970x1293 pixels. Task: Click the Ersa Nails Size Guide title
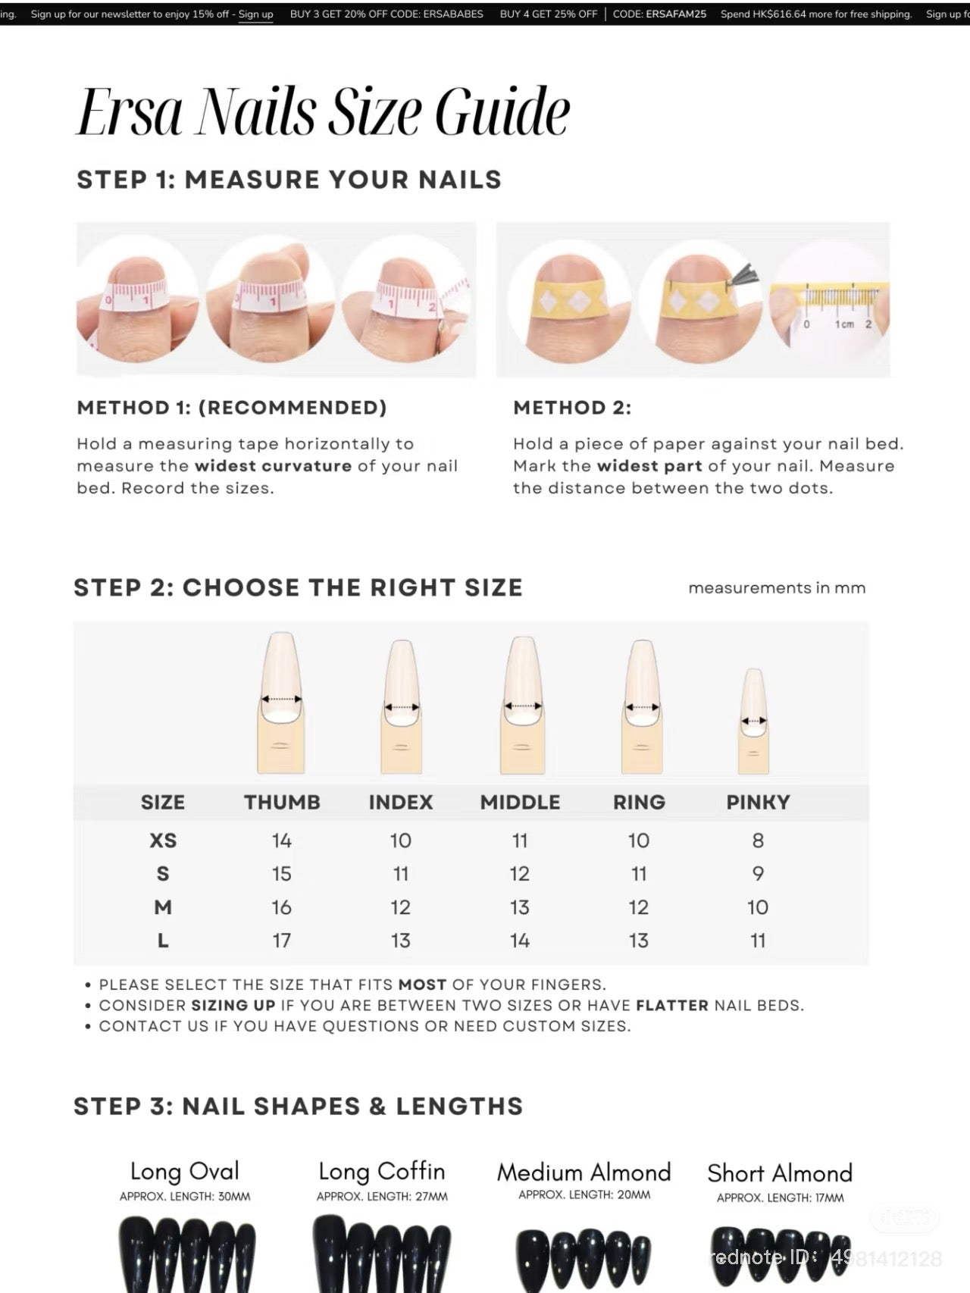pyautogui.click(x=324, y=111)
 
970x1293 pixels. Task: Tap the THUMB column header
pyautogui.click(x=282, y=802)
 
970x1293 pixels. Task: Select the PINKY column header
pyautogui.click(x=758, y=802)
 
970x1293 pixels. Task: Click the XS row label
pyautogui.click(x=163, y=841)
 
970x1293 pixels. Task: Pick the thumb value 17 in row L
pyautogui.click(x=282, y=941)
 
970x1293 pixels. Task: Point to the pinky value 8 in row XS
pyautogui.click(x=758, y=841)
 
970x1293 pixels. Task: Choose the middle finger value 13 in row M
pyautogui.click(x=520, y=907)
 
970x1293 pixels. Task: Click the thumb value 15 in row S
pyautogui.click(x=282, y=874)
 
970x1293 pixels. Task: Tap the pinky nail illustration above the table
pyautogui.click(x=753, y=720)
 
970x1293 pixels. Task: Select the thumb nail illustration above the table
pyautogui.click(x=281, y=701)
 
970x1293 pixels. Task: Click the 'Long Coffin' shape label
pyautogui.click(x=381, y=1172)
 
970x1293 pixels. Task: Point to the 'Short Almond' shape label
pyautogui.click(x=780, y=1173)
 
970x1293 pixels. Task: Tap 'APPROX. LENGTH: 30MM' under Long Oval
pyautogui.click(x=185, y=1197)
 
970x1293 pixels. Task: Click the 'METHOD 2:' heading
pyautogui.click(x=572, y=408)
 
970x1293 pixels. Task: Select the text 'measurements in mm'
pyautogui.click(x=777, y=588)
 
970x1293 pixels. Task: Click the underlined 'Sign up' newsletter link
pyautogui.click(x=255, y=14)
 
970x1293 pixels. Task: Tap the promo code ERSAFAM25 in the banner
pyautogui.click(x=676, y=14)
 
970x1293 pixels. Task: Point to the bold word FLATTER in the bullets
pyautogui.click(x=672, y=1006)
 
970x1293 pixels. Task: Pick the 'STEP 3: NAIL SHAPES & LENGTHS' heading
pyautogui.click(x=299, y=1107)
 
